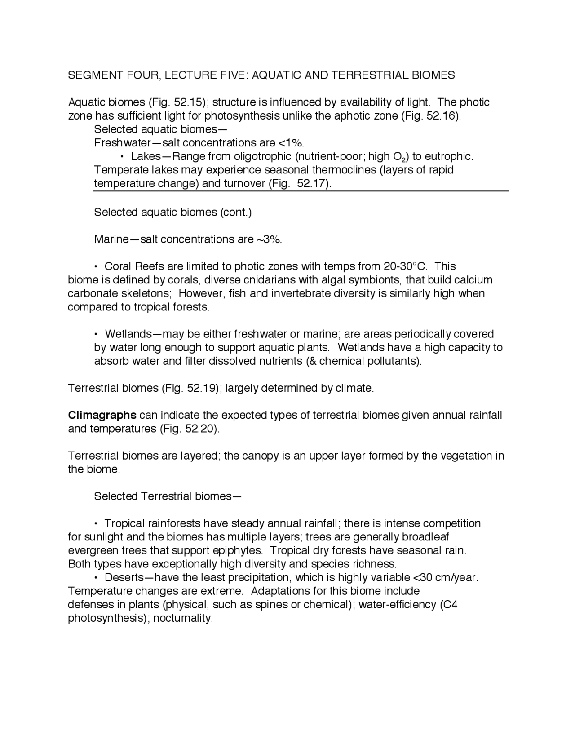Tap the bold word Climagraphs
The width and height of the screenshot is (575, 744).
(x=102, y=415)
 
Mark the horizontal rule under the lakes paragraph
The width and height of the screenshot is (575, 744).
(x=301, y=191)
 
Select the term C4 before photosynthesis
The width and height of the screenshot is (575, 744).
(x=450, y=604)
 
